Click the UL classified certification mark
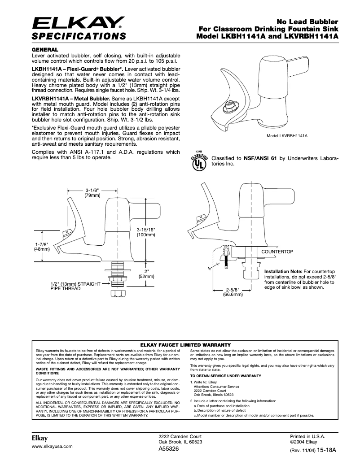coord(199,162)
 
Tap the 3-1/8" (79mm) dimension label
coord(93,193)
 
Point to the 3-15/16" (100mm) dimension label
coord(146,232)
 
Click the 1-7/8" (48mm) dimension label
coord(42,247)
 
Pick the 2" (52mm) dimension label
coord(146,274)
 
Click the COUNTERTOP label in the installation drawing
coord(277,252)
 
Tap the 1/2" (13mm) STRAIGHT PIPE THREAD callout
coord(72,287)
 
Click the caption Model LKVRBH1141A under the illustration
coord(290,135)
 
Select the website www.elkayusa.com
coord(52,447)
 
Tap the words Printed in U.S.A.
coord(307,436)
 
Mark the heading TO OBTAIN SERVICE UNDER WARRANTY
coord(225,375)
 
